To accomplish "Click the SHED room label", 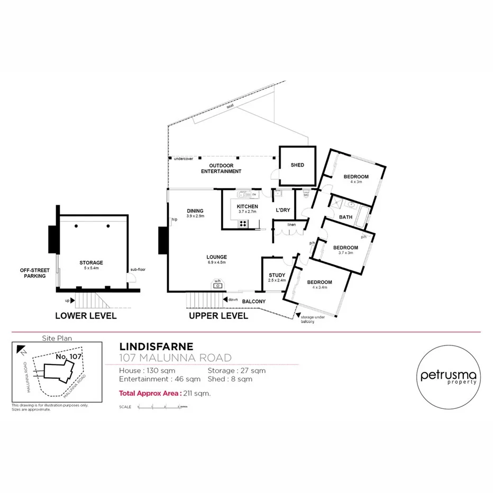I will point(297,165).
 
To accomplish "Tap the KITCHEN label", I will point(247,206).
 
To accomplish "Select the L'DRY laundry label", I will point(284,210).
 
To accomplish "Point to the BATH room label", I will point(345,217).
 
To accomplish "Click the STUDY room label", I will point(277,275).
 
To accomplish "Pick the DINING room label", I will point(195,211).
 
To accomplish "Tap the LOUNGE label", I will point(216,257).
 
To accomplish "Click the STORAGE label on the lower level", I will point(91,262).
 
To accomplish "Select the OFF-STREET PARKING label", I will point(33,272).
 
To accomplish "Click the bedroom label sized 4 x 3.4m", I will point(319,282).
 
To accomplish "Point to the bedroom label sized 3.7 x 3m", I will point(345,247).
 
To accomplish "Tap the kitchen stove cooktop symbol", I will point(243,224).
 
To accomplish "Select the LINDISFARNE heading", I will point(156,347).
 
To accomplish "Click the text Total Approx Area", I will point(150,393).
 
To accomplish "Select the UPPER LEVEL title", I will point(218,316).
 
